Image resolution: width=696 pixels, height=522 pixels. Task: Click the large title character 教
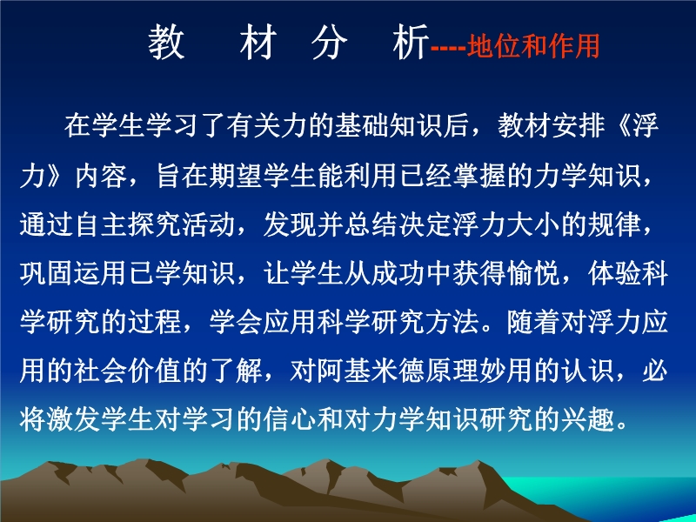pos(166,42)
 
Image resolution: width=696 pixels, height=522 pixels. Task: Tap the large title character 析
pos(411,42)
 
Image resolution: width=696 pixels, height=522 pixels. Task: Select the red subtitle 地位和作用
pos(533,46)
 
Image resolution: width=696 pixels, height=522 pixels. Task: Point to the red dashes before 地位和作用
pos(448,47)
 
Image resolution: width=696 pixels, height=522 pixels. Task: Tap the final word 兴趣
pos(588,418)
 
